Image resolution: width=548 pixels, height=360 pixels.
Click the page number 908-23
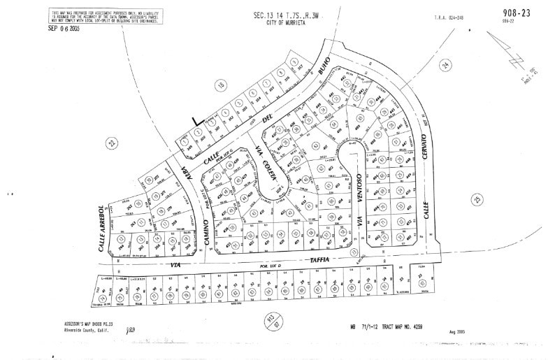[x=517, y=12]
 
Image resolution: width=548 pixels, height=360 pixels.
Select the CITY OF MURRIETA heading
[x=287, y=22]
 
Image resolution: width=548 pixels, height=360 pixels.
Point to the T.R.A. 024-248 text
[x=449, y=17]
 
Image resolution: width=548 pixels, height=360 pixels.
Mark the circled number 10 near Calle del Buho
[x=222, y=85]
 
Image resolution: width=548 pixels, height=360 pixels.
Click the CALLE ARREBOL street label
[x=102, y=228]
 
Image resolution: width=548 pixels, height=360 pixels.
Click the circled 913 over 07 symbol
[x=271, y=321]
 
